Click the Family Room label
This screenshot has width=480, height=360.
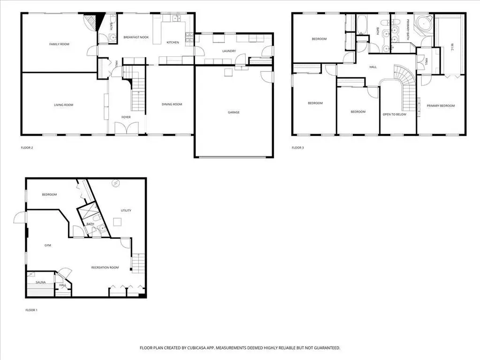60,44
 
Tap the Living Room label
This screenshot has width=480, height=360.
64,105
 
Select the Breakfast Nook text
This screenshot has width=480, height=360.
136,38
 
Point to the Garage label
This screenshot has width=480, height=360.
234,112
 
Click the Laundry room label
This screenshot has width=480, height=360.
229,51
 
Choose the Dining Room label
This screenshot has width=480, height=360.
172,104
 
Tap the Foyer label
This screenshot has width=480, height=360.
126,117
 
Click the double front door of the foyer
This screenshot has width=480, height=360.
126,128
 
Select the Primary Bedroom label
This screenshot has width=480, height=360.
441,106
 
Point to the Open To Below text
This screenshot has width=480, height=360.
394,115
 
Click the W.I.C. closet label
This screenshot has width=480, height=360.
452,47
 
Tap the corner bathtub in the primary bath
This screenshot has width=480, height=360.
423,23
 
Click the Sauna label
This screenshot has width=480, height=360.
41,282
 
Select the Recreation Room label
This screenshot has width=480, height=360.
105,268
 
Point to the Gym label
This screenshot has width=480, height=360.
48,245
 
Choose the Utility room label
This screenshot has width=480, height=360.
126,211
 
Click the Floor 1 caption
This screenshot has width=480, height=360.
31,310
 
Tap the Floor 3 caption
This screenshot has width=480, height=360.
297,148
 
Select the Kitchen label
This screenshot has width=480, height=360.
173,43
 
